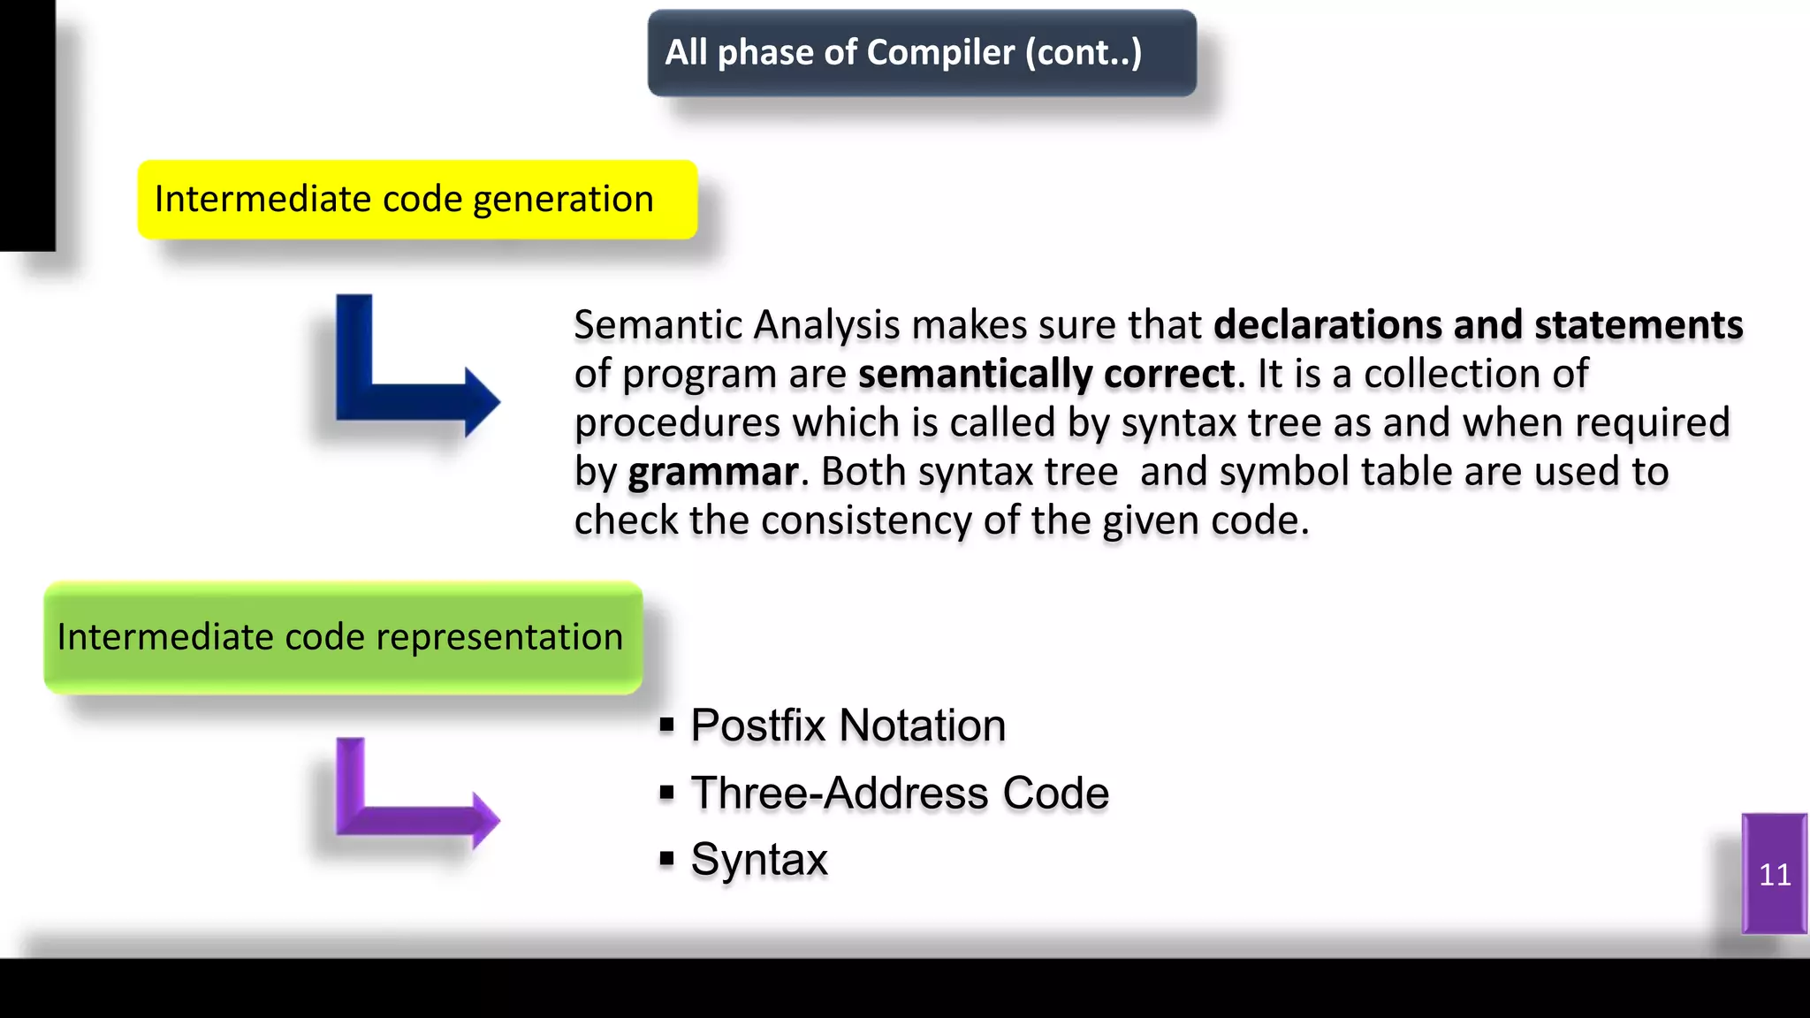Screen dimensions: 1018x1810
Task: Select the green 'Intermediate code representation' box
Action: click(343, 637)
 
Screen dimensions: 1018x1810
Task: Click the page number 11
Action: click(1775, 875)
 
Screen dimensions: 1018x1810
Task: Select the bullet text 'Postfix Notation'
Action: click(848, 726)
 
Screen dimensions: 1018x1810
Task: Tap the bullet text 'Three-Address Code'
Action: click(899, 793)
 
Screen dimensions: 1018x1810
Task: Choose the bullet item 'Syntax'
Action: click(759, 859)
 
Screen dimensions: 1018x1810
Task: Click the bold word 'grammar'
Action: click(712, 472)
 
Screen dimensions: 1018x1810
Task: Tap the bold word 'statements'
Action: click(1638, 325)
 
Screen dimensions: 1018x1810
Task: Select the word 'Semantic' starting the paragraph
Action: click(658, 325)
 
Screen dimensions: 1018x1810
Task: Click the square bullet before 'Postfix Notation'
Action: click(667, 726)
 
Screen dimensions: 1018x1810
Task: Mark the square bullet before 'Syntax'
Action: click(667, 859)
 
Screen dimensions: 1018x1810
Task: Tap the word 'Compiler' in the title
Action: click(940, 53)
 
